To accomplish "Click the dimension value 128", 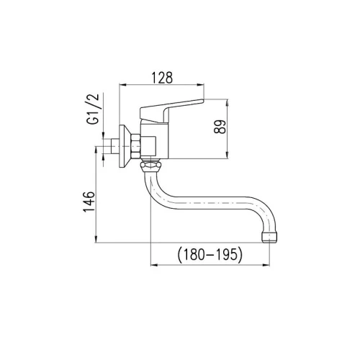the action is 162,78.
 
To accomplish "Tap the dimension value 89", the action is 220,127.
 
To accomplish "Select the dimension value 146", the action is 89,202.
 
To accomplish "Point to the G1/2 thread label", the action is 93,109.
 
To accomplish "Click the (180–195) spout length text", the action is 210,254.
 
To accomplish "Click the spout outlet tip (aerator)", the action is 269,237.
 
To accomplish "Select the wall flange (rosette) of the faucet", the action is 125,146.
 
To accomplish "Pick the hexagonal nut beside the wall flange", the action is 135,146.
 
